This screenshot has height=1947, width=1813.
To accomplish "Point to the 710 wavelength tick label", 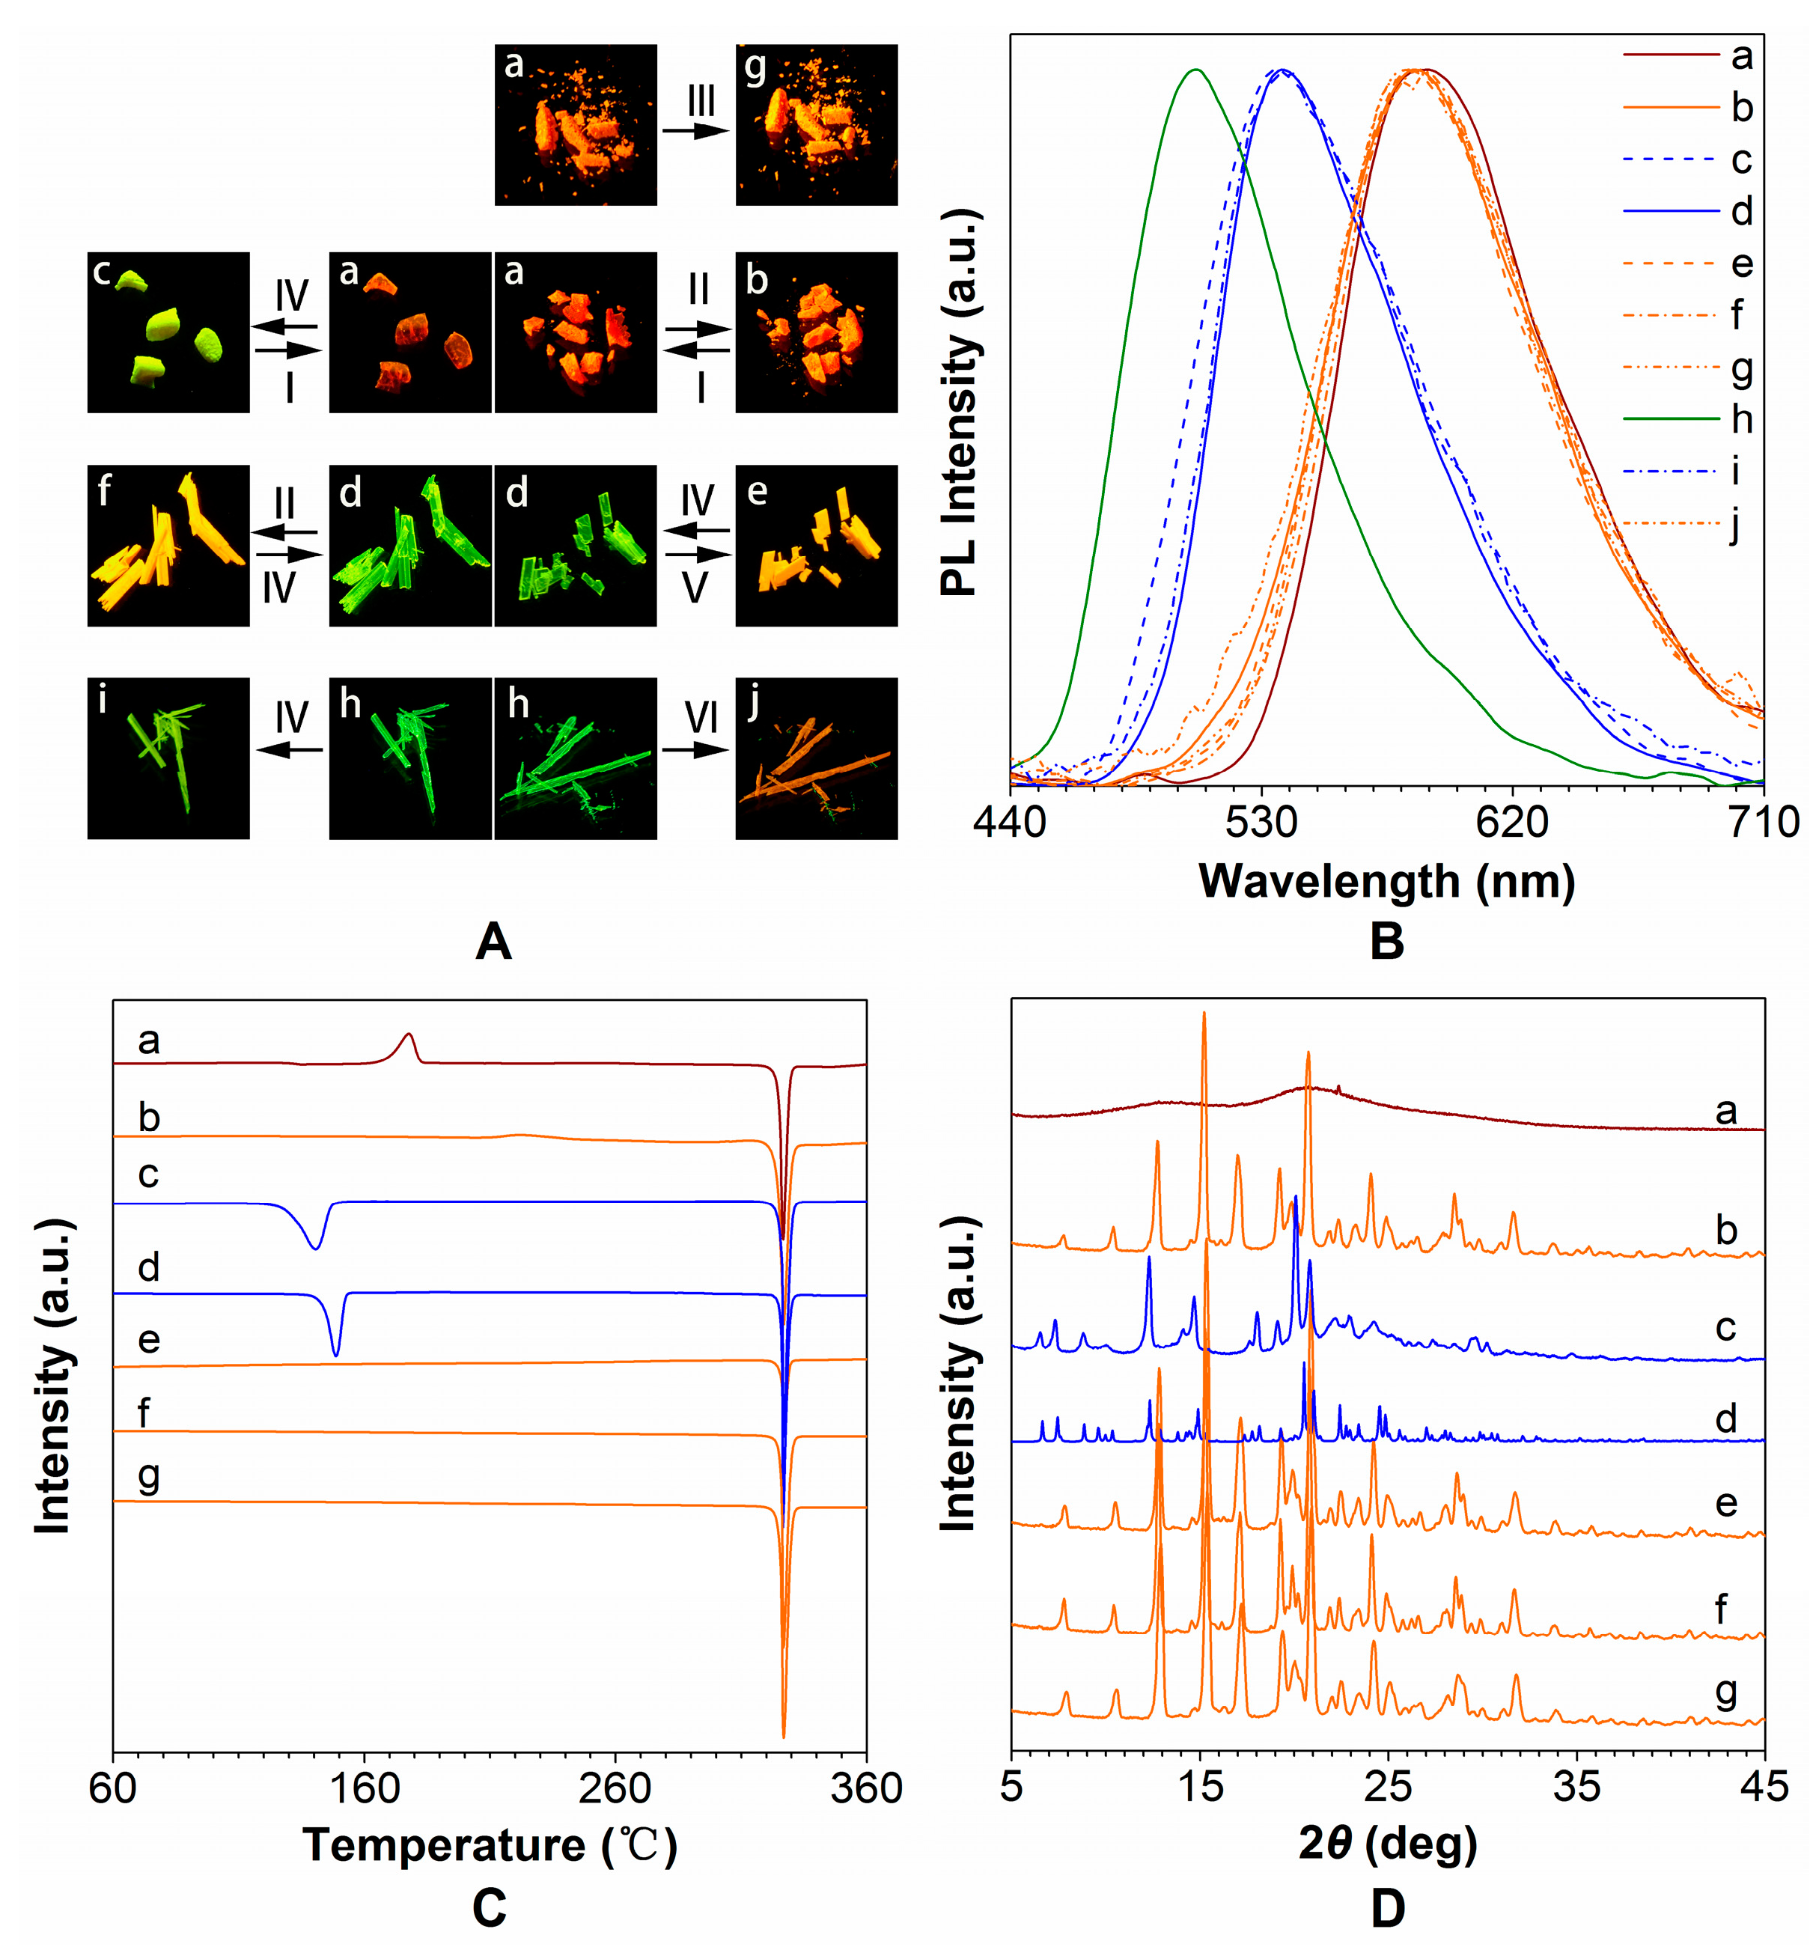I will tap(1763, 820).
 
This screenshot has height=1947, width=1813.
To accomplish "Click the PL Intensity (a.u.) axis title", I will tap(959, 401).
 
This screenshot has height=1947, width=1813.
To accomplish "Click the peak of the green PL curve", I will tap(1194, 70).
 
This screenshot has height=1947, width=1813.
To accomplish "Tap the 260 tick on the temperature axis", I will tap(614, 1788).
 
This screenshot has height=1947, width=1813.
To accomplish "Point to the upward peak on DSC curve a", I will tap(409, 1035).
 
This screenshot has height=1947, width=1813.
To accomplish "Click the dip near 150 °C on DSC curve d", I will tap(336, 1354).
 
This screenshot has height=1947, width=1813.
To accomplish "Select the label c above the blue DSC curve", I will tap(148, 1173).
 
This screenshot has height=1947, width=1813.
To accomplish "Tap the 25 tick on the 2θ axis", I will tap(1388, 1788).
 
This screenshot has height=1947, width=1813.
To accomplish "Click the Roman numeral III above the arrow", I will tap(701, 101).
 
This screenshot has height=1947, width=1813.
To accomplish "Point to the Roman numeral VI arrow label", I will tap(701, 718).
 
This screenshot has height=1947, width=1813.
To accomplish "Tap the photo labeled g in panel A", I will tap(816, 124).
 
